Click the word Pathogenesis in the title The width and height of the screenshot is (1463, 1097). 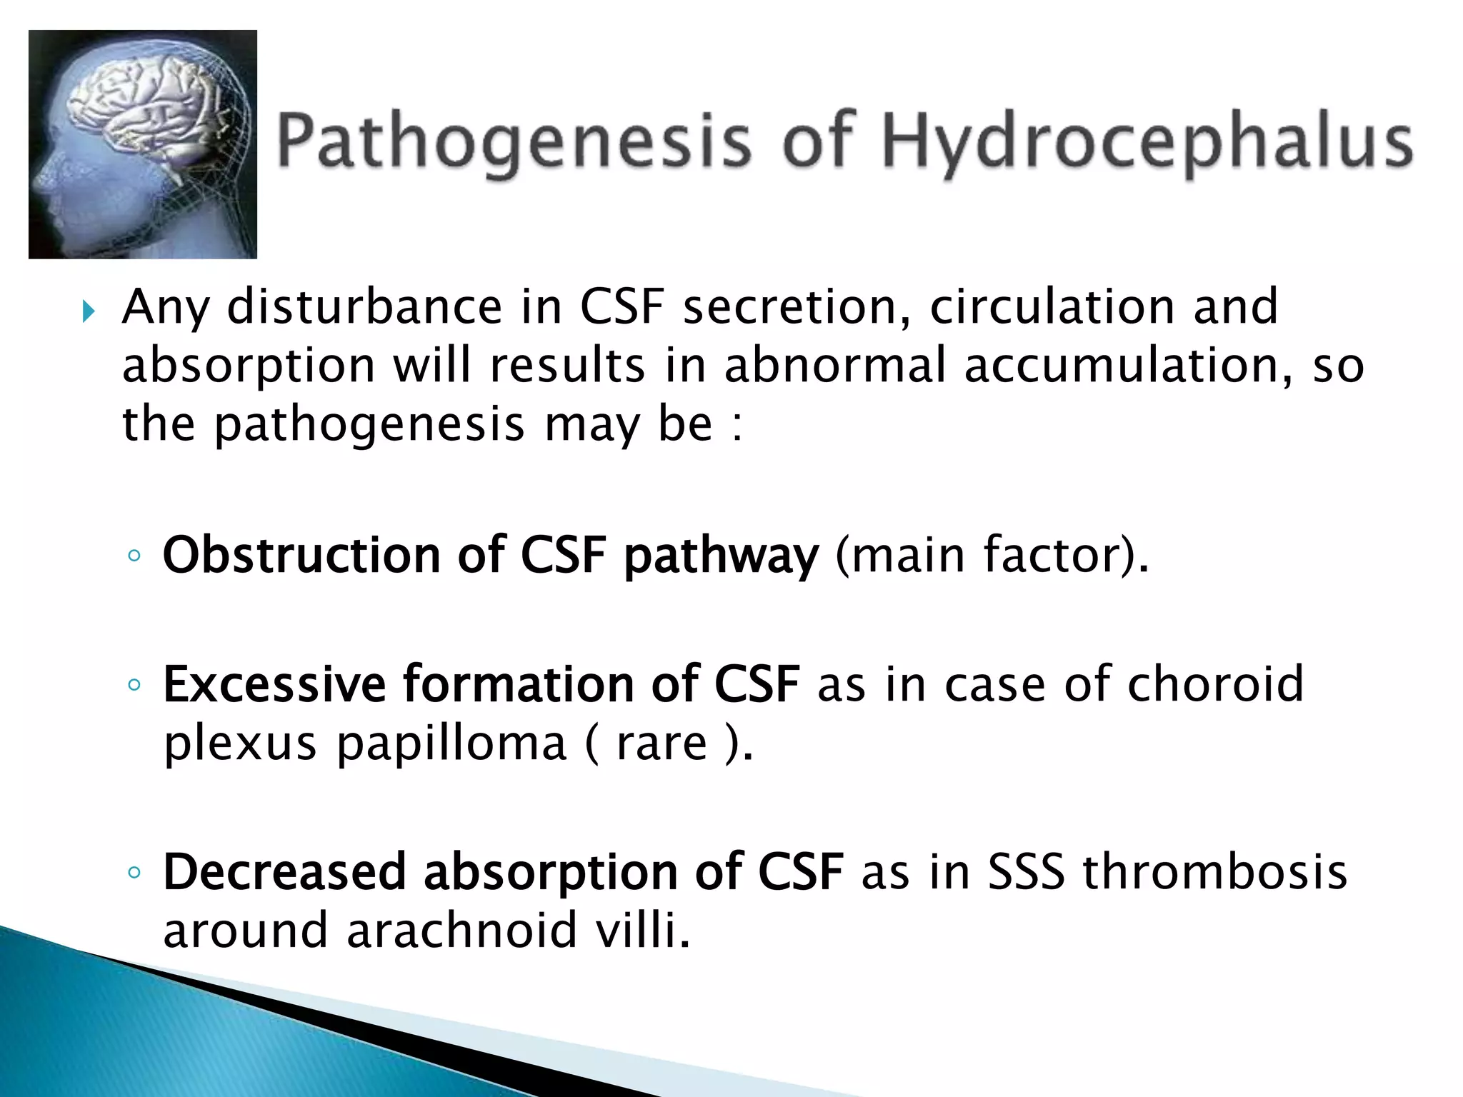point(514,141)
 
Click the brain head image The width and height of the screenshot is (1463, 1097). point(143,144)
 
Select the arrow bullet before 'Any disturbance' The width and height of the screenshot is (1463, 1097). point(88,311)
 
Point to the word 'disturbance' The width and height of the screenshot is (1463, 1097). point(364,307)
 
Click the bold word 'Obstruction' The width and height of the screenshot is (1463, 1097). point(301,555)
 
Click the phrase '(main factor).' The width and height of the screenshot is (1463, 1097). point(992,555)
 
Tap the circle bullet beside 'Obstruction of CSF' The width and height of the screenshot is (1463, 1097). point(134,556)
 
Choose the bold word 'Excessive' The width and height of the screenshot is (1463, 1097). point(274,684)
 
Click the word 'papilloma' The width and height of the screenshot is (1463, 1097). point(451,744)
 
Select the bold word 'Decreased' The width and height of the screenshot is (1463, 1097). point(284,872)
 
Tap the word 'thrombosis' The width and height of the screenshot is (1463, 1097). point(1214,872)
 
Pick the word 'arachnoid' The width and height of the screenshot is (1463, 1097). point(461,931)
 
